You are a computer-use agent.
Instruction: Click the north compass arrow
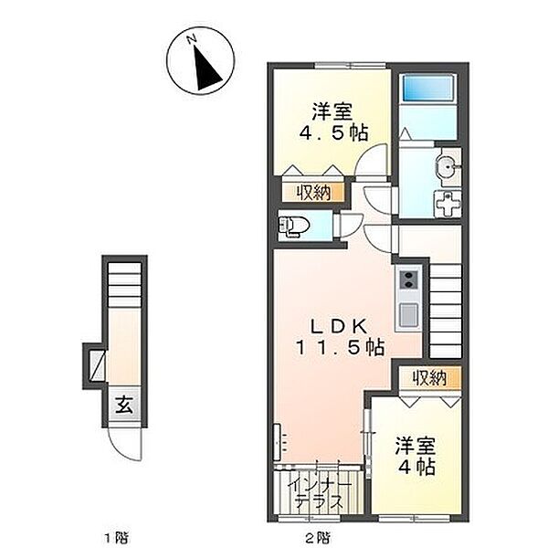[206, 68]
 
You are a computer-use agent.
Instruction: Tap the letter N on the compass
[191, 39]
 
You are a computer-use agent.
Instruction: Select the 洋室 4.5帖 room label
[332, 122]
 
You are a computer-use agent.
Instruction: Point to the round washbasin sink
[448, 167]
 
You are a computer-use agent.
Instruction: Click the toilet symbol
[294, 227]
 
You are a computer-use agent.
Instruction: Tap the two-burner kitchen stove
[407, 279]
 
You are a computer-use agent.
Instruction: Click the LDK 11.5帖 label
[340, 337]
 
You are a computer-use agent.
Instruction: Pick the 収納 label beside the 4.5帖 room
[313, 193]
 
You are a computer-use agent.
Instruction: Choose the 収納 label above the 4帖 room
[429, 377]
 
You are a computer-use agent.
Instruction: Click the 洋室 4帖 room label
[416, 456]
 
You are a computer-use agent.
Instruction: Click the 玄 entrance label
[124, 405]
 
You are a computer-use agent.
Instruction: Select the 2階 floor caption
[317, 536]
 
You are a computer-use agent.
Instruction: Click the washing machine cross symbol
[448, 205]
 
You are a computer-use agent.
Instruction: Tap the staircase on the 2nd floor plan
[445, 311]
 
